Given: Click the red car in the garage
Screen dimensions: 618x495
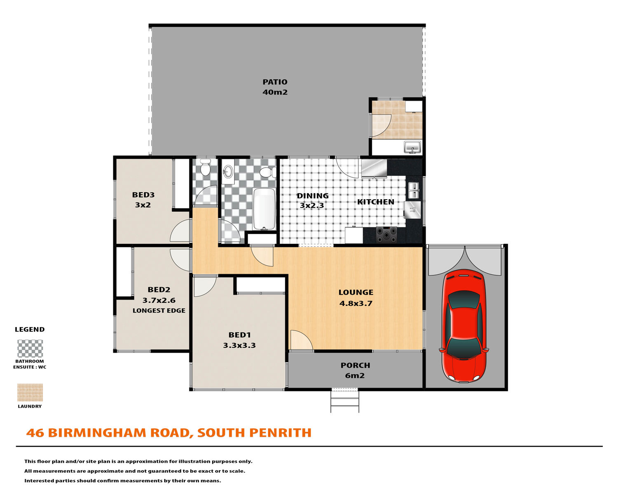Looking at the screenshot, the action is click(x=463, y=326).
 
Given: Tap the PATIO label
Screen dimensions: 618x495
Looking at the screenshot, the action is click(x=275, y=82).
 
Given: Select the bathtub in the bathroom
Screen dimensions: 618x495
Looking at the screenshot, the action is click(x=264, y=209).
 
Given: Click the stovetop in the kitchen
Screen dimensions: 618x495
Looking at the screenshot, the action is click(x=386, y=235).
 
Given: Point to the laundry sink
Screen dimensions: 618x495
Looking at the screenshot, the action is click(x=412, y=147).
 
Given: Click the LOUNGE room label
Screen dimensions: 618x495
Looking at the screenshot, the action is click(x=356, y=292).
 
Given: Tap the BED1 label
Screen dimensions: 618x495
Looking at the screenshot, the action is click(x=239, y=335).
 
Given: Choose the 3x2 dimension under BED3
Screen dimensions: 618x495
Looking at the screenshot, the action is click(x=143, y=205).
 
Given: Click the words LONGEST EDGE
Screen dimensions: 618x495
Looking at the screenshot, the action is click(x=159, y=311).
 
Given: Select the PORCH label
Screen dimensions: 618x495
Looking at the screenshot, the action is click(x=355, y=365).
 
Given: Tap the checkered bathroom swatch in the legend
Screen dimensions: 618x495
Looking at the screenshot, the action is click(x=30, y=349).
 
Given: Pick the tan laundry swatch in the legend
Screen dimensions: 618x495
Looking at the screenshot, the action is click(x=30, y=392).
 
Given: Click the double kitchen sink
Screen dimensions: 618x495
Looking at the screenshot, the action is click(x=414, y=190).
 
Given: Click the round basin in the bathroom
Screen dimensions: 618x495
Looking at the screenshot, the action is click(x=228, y=171).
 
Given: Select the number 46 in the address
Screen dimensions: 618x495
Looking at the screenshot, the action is click(x=35, y=433).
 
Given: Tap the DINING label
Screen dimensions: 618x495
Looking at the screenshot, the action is click(x=312, y=196).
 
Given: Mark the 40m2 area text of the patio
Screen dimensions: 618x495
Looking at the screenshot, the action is click(x=275, y=92).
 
